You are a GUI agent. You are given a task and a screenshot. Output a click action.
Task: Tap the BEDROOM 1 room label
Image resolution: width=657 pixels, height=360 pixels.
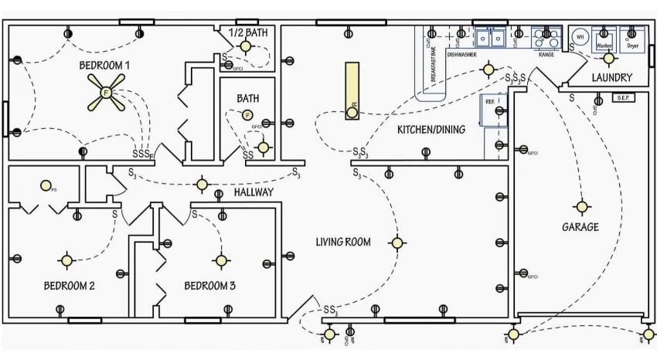(104, 66)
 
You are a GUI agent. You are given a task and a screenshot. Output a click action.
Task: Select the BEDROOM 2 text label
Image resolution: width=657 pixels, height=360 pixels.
(69, 286)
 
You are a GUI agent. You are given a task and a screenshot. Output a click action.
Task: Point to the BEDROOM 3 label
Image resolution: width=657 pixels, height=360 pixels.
(210, 286)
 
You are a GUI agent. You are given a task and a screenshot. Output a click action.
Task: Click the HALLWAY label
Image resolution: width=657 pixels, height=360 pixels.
(254, 192)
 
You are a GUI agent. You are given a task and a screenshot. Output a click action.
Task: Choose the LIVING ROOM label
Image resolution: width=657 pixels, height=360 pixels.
(343, 242)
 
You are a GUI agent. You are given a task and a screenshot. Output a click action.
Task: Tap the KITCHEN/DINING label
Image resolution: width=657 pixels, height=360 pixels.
(431, 130)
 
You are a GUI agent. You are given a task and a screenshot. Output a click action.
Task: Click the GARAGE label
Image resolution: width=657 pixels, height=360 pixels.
(580, 227)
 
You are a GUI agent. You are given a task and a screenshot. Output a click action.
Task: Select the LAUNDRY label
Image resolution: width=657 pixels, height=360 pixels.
(612, 78)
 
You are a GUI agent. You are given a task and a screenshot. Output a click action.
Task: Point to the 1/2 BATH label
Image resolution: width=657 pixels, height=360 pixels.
(247, 32)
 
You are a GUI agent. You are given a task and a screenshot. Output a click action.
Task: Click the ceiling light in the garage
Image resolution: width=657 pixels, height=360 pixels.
(581, 207)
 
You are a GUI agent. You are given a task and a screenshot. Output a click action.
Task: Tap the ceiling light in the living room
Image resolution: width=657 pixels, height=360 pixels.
(397, 243)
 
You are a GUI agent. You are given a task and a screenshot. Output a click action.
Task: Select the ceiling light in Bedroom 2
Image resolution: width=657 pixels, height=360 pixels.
(67, 260)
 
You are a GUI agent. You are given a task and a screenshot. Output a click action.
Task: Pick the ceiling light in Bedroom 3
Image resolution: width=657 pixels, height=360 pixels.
(222, 260)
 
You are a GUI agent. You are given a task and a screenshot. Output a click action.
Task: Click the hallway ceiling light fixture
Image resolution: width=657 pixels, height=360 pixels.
(203, 184)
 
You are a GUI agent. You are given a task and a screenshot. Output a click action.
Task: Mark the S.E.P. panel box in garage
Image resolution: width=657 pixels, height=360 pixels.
(623, 98)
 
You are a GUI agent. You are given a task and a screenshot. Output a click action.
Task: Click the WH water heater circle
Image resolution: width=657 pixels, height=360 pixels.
(579, 36)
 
